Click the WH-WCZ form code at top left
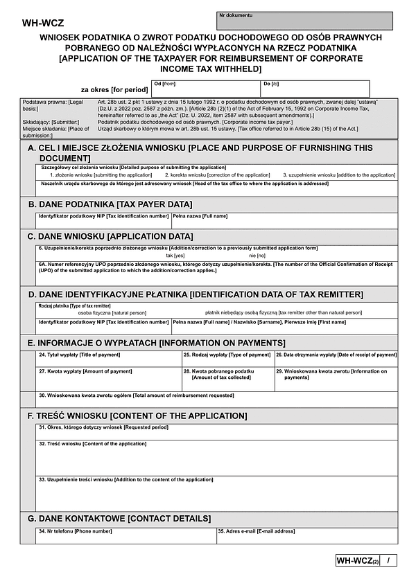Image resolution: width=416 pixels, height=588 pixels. click(43, 23)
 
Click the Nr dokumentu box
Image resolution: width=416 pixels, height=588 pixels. click(304, 21)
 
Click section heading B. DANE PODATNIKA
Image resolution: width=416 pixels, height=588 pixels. click(110, 204)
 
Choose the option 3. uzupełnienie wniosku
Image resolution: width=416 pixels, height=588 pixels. click(338, 175)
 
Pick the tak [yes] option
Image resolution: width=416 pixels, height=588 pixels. click(175, 256)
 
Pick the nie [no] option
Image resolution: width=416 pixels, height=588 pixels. click(257, 256)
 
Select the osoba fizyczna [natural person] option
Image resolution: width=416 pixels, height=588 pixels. click(107, 312)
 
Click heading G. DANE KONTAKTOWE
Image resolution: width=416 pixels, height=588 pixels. click(119, 518)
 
